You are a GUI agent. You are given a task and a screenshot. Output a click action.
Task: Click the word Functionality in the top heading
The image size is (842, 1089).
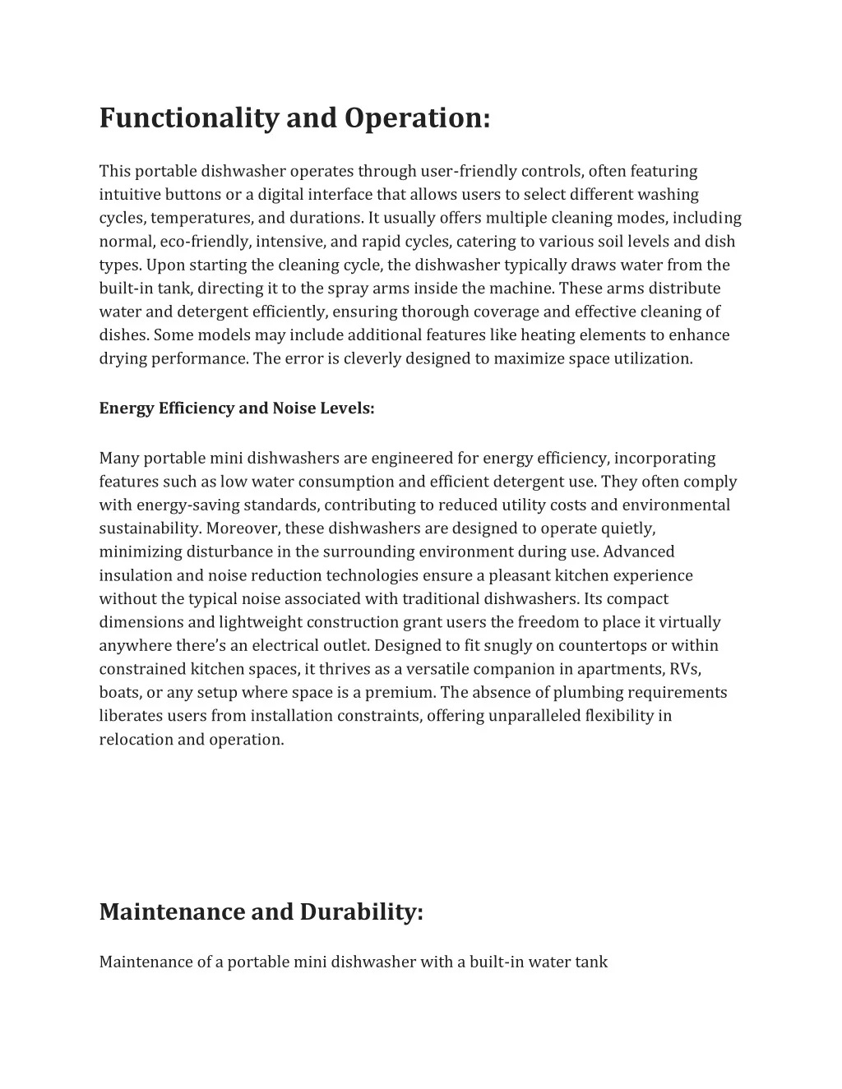(188, 118)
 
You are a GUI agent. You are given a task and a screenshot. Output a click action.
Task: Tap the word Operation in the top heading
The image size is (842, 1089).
(417, 118)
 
